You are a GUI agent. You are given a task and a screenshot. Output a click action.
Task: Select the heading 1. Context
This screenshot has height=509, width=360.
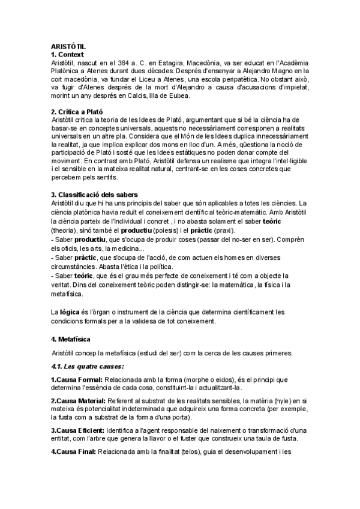point(68,55)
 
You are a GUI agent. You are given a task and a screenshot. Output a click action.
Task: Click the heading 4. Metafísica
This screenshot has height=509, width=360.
point(71,339)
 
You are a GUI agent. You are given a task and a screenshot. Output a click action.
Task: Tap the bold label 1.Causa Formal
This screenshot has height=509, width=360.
point(77,380)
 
